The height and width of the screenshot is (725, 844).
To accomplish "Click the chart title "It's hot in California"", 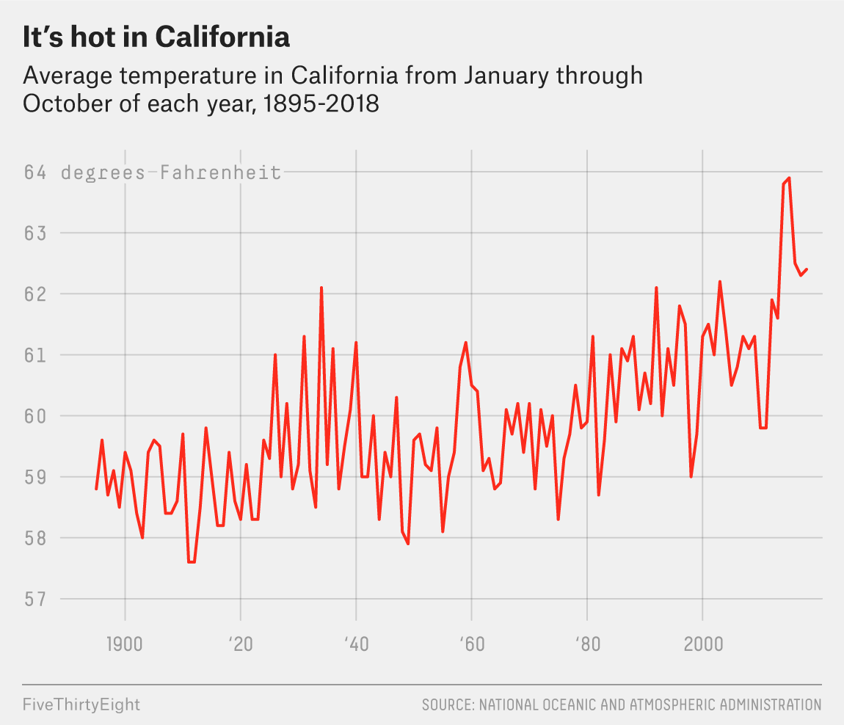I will (x=156, y=37).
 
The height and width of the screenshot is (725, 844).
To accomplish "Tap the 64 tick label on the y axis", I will (x=34, y=172).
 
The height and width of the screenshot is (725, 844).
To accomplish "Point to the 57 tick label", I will (x=34, y=600).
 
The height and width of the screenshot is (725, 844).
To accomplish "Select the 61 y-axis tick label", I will (x=34, y=355).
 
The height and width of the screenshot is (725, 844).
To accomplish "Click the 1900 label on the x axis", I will (x=125, y=645).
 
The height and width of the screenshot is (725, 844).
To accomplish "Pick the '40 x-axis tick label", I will (x=355, y=645).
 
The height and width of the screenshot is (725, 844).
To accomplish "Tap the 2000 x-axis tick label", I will (x=703, y=645).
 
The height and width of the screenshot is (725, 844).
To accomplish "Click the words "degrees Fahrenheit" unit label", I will (x=171, y=172).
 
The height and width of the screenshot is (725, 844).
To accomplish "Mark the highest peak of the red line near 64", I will (x=789, y=178).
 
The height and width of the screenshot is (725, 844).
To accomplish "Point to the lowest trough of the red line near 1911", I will (x=191, y=562).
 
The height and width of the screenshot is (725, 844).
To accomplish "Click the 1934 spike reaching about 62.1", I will (x=321, y=288).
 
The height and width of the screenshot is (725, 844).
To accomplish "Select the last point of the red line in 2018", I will (x=807, y=269).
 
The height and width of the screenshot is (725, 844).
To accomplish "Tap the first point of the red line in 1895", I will (x=96, y=489).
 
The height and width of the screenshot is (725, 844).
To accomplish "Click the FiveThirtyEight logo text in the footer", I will (x=81, y=705).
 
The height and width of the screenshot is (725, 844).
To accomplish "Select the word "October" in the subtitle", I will (x=65, y=104).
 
